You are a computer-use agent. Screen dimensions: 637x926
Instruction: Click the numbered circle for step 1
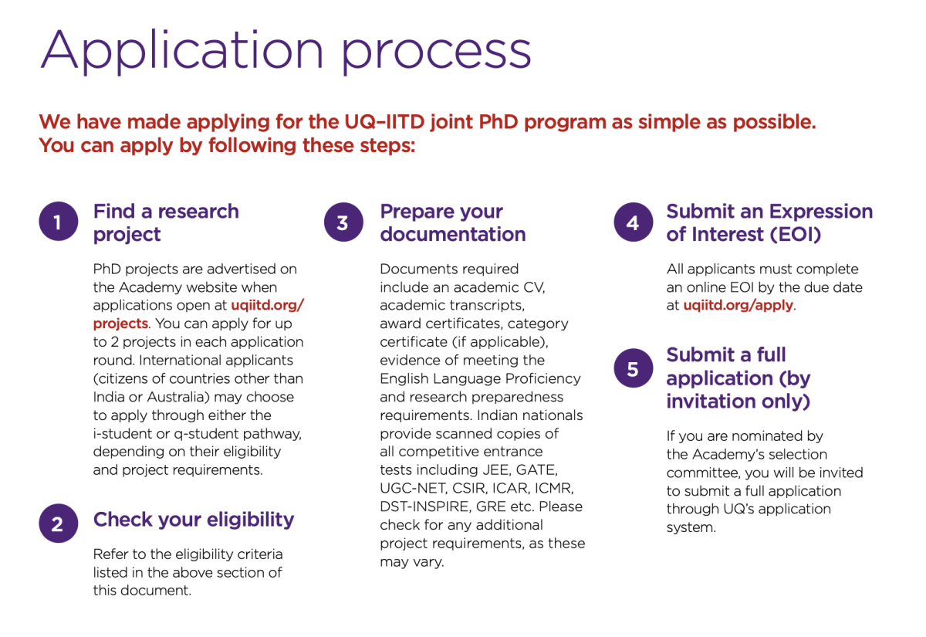pos(58,222)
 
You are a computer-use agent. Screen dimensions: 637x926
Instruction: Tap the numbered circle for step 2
pos(58,523)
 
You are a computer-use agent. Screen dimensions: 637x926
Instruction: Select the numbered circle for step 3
pos(343,222)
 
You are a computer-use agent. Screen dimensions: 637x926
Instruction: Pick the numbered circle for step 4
pos(633,222)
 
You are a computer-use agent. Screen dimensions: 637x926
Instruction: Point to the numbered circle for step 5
pos(633,369)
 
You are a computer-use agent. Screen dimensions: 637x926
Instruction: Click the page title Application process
pos(286,50)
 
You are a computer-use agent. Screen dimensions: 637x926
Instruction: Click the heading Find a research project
pos(165,222)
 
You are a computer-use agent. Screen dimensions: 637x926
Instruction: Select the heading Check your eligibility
pos(193,519)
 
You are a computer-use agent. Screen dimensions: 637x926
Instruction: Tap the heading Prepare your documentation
pos(452,222)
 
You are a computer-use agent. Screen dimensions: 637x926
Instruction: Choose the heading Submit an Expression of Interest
pos(769,222)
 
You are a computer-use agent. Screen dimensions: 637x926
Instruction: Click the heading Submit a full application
pos(738,378)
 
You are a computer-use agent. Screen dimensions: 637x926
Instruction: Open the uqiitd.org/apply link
pos(738,305)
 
